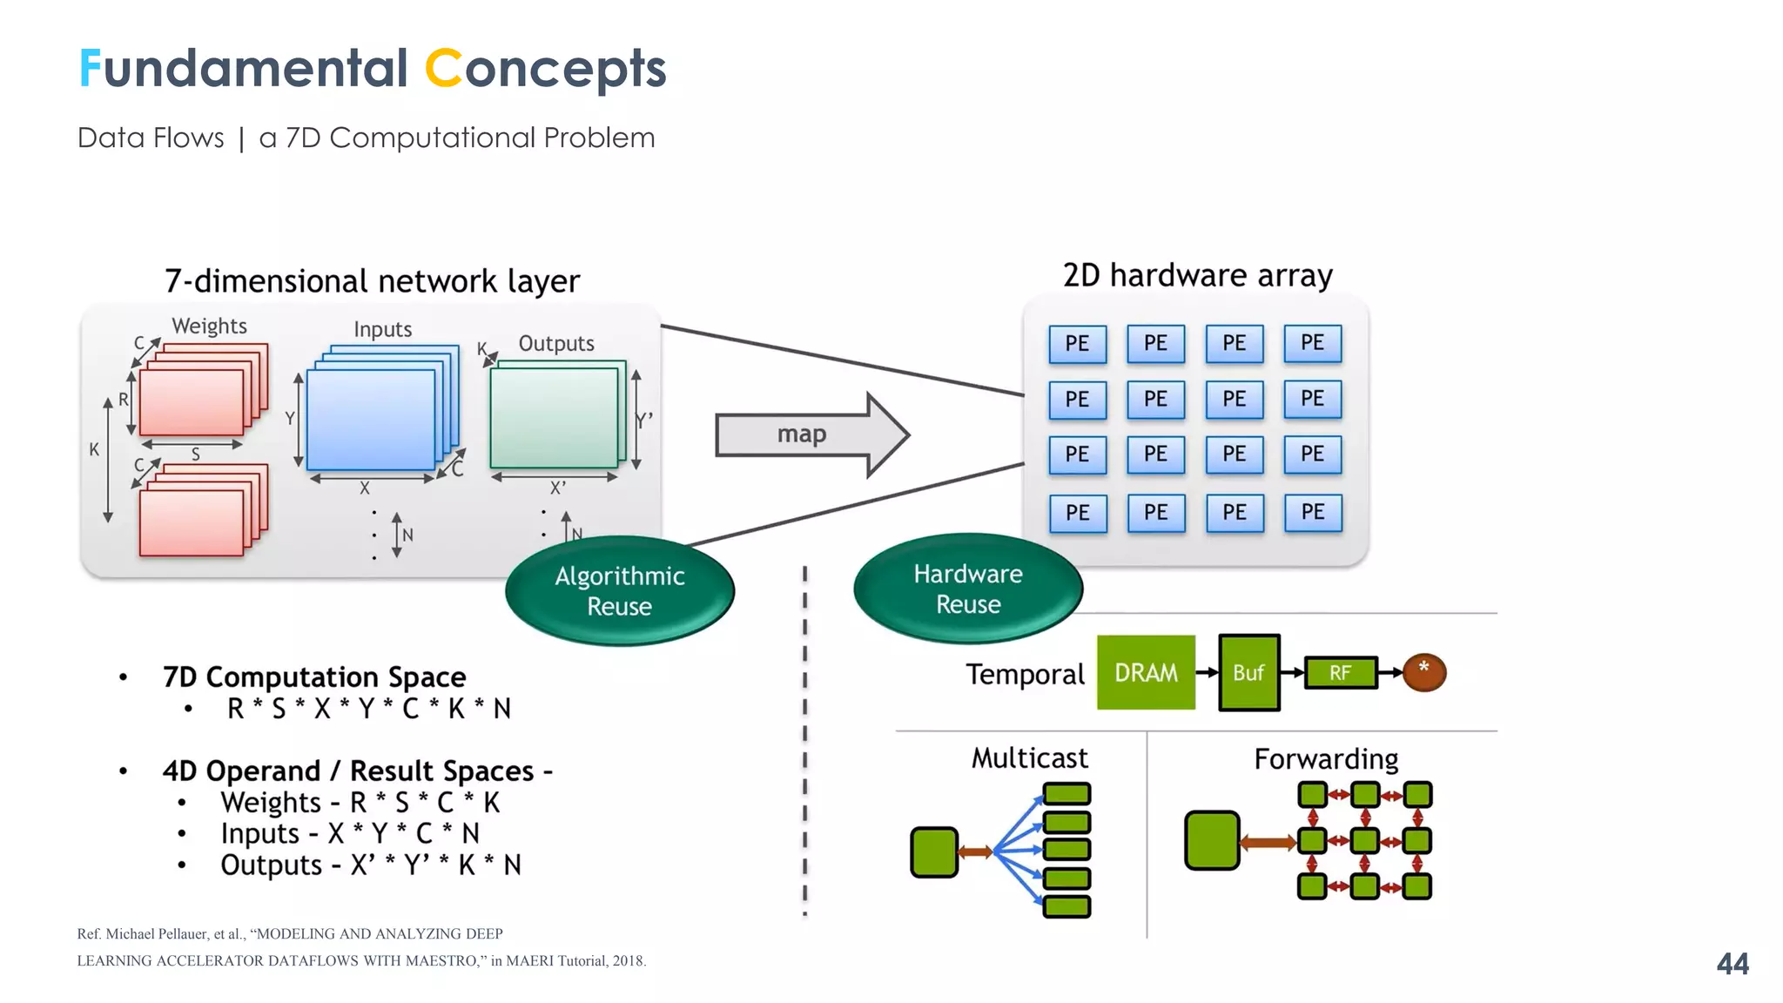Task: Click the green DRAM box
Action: (x=1146, y=672)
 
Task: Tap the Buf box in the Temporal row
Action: (x=1248, y=672)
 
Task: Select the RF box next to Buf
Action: (x=1340, y=672)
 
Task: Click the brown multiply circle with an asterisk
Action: (x=1424, y=671)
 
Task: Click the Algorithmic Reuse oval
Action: (x=620, y=590)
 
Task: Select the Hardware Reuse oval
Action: (x=968, y=589)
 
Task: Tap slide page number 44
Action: (x=1732, y=963)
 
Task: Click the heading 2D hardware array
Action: (x=1197, y=275)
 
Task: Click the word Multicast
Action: (x=1029, y=757)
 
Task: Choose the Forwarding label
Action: (x=1326, y=758)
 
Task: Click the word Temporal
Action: (x=1025, y=674)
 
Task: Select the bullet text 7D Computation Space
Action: (x=314, y=677)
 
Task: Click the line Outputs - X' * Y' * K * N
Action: (x=370, y=865)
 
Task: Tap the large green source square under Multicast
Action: (x=933, y=852)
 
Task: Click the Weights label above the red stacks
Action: (x=209, y=326)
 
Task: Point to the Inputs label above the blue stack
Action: (x=382, y=329)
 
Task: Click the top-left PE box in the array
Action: (x=1077, y=343)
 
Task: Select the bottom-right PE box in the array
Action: (x=1312, y=512)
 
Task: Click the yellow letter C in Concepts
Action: (x=443, y=68)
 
